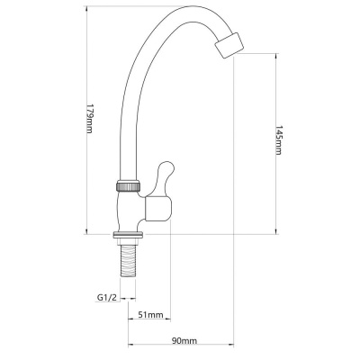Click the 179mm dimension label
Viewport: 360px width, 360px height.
[90, 119]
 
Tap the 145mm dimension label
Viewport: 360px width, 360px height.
[278, 139]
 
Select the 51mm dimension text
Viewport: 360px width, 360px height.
[150, 315]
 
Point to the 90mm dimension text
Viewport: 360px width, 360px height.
[184, 341]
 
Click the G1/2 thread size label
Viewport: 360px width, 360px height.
[106, 298]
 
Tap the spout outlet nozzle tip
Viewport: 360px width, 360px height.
[229, 45]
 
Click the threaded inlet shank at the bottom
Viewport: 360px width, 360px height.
[128, 261]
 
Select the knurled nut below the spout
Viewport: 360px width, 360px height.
[128, 185]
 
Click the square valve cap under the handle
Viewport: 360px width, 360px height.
[158, 209]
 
